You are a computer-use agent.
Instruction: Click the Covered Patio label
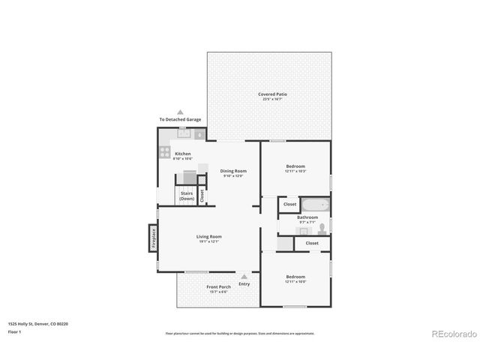coord(272,95)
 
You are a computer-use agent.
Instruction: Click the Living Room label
coord(209,238)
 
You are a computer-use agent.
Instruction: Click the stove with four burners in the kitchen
coord(163,150)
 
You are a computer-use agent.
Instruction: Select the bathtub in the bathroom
coord(317,204)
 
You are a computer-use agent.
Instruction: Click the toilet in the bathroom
coord(321,227)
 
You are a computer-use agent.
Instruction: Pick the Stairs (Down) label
coord(187,195)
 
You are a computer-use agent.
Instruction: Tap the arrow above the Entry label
coord(244,277)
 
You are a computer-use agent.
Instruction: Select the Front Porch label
coord(218,289)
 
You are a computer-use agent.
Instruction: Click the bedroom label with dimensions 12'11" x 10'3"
coord(295,168)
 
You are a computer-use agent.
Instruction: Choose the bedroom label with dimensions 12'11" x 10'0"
coord(295,278)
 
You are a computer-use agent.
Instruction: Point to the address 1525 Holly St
coord(37,323)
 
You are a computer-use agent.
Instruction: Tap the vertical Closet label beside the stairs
coord(202,195)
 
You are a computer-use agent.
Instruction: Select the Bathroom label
coord(307,219)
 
